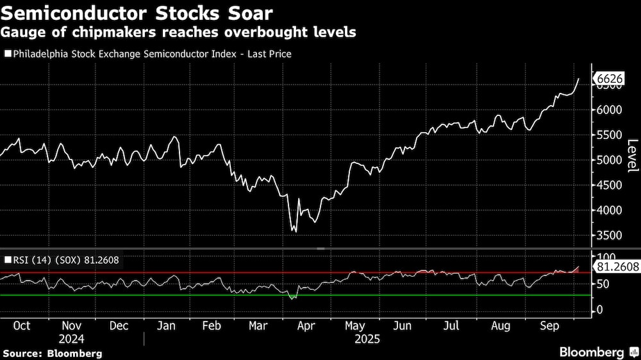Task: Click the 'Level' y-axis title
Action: pos(631,156)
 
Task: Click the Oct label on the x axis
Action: pos(22,325)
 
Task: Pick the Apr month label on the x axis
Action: pos(306,325)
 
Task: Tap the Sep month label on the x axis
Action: pos(549,325)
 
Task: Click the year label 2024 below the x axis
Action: pos(71,339)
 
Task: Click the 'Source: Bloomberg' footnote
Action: pos(53,353)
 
